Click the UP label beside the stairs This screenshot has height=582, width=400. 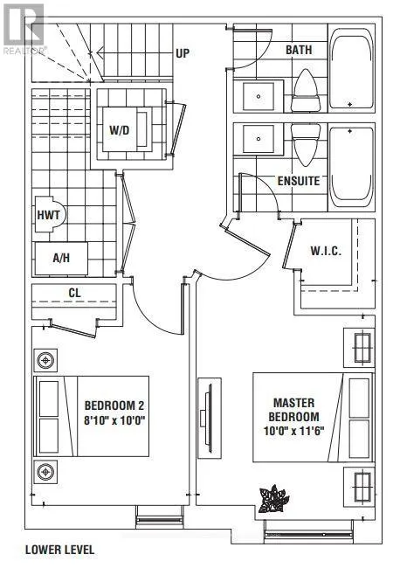pos(183,53)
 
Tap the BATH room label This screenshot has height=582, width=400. pos(299,50)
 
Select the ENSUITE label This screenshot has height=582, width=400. pos(299,181)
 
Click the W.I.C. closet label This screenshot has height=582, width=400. pos(326,251)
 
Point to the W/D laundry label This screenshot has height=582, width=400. pos(120,130)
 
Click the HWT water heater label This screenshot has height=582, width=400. pos(49,215)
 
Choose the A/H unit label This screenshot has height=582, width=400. pos(61,258)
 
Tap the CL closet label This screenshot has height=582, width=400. pos(74,293)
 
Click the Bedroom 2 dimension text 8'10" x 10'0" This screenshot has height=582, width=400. pos(114,420)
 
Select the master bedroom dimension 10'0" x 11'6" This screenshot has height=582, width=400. pos(293,431)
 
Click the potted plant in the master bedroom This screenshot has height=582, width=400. pos(274,498)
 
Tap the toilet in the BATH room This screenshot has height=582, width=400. pos(306,91)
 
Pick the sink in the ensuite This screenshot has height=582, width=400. pos(259,139)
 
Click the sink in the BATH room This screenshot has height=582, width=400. pos(259,96)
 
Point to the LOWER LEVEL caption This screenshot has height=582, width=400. pos(59,550)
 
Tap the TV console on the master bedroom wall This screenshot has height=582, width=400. pos(210,418)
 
